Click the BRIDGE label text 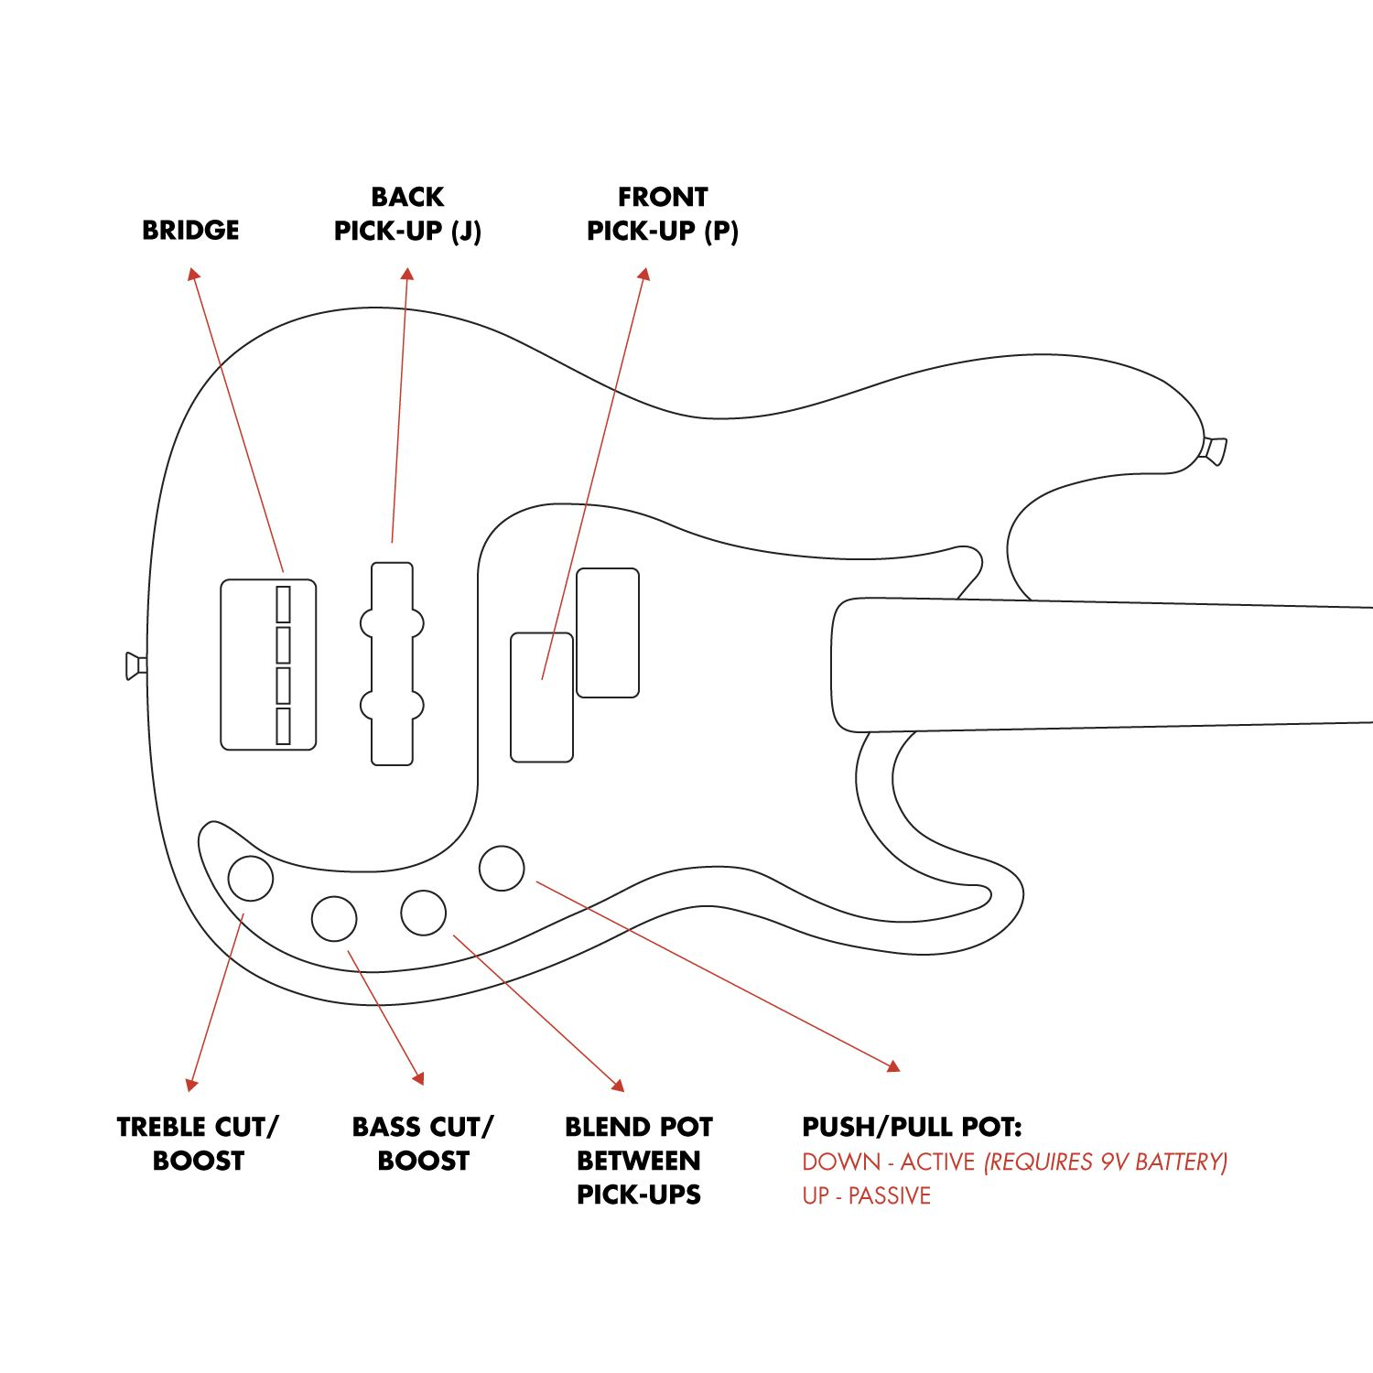click(190, 230)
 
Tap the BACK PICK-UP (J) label click(407, 214)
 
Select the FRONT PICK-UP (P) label click(662, 214)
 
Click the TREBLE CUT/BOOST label click(198, 1143)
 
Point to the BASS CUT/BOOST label click(423, 1143)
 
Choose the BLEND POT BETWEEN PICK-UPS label click(638, 1160)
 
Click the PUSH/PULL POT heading click(912, 1127)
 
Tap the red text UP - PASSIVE click(866, 1195)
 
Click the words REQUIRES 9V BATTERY click(1105, 1162)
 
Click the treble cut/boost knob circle click(250, 878)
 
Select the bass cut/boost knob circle click(334, 918)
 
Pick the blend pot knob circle click(423, 913)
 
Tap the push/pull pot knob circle click(502, 868)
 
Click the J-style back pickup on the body click(392, 664)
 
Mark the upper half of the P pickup click(608, 632)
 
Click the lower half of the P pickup click(541, 697)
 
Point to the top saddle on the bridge click(283, 604)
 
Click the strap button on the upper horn click(1214, 450)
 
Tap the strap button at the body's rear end click(135, 665)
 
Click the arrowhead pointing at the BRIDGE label click(192, 274)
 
